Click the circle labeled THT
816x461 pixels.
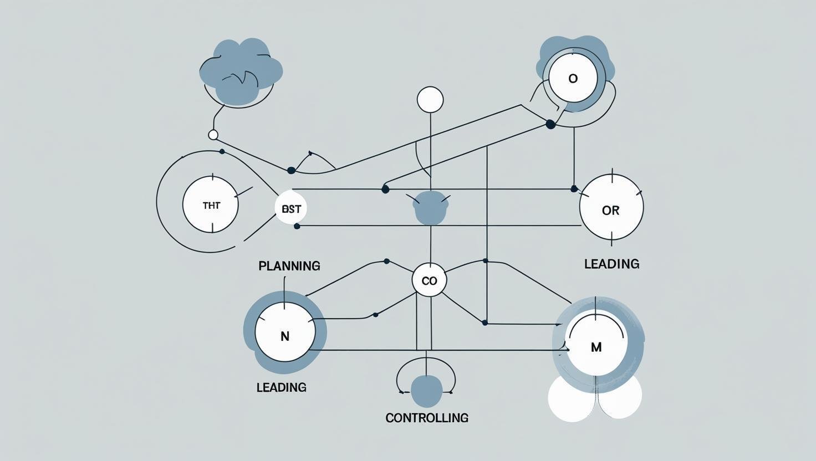[211, 205]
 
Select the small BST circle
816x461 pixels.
[291, 209]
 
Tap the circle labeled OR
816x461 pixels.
[611, 208]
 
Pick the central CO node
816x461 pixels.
[429, 280]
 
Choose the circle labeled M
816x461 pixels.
[596, 345]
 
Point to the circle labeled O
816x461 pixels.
[573, 78]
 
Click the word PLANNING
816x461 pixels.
[289, 266]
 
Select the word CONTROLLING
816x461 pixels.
[427, 418]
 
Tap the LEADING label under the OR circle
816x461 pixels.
[611, 264]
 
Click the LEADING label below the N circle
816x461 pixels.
[281, 387]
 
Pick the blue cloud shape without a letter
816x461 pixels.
[240, 71]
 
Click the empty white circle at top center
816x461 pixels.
[430, 100]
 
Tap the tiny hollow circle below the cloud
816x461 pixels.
[213, 135]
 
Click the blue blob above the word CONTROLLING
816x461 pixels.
[426, 390]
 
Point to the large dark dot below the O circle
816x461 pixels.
[550, 124]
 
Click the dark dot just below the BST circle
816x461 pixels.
[297, 226]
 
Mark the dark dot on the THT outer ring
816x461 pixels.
[222, 151]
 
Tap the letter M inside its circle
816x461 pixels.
[596, 347]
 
